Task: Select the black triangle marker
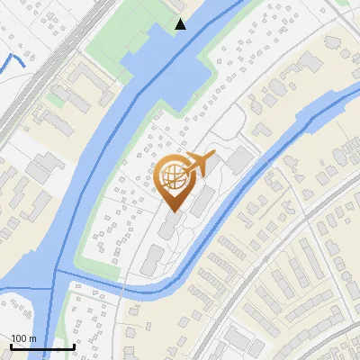(181, 24)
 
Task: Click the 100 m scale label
(23, 338)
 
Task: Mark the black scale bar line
(41, 346)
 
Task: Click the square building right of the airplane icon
(239, 160)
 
